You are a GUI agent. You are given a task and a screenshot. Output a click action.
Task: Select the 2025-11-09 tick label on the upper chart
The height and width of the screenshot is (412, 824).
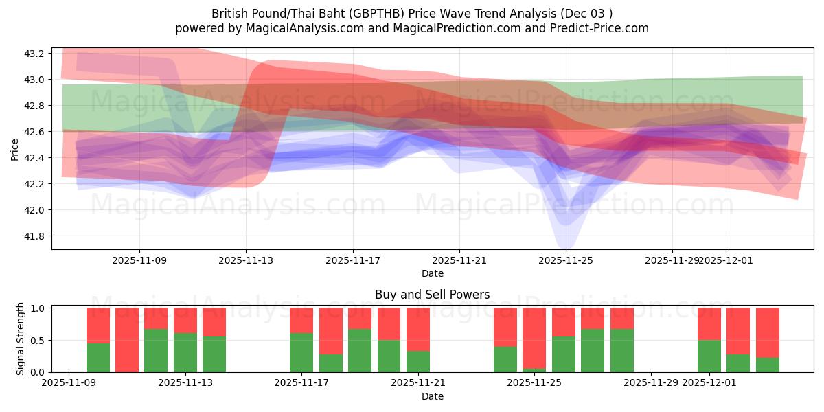tap(139, 260)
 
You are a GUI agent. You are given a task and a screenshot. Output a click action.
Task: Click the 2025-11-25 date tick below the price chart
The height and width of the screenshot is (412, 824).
tap(566, 260)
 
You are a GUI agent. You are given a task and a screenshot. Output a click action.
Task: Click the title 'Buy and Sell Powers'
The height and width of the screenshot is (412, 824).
tap(432, 295)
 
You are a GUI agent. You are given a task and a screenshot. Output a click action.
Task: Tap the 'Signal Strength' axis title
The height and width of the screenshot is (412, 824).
tap(20, 339)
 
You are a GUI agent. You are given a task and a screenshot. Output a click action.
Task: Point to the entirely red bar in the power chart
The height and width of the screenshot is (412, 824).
tap(127, 340)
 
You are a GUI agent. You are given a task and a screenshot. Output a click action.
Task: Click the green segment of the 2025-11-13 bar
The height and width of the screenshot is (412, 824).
tap(185, 352)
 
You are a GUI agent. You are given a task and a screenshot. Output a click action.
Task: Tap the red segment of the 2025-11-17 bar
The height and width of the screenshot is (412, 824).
tap(301, 320)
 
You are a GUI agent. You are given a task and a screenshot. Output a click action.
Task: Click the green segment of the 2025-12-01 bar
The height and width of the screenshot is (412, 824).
tap(709, 356)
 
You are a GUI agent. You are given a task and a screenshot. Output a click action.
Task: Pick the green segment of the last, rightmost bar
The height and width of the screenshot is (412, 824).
tap(767, 365)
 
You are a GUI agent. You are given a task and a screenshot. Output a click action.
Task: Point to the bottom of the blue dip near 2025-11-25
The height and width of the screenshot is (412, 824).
tap(566, 244)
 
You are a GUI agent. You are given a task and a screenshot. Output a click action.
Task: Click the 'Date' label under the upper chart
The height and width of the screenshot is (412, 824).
tap(432, 273)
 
